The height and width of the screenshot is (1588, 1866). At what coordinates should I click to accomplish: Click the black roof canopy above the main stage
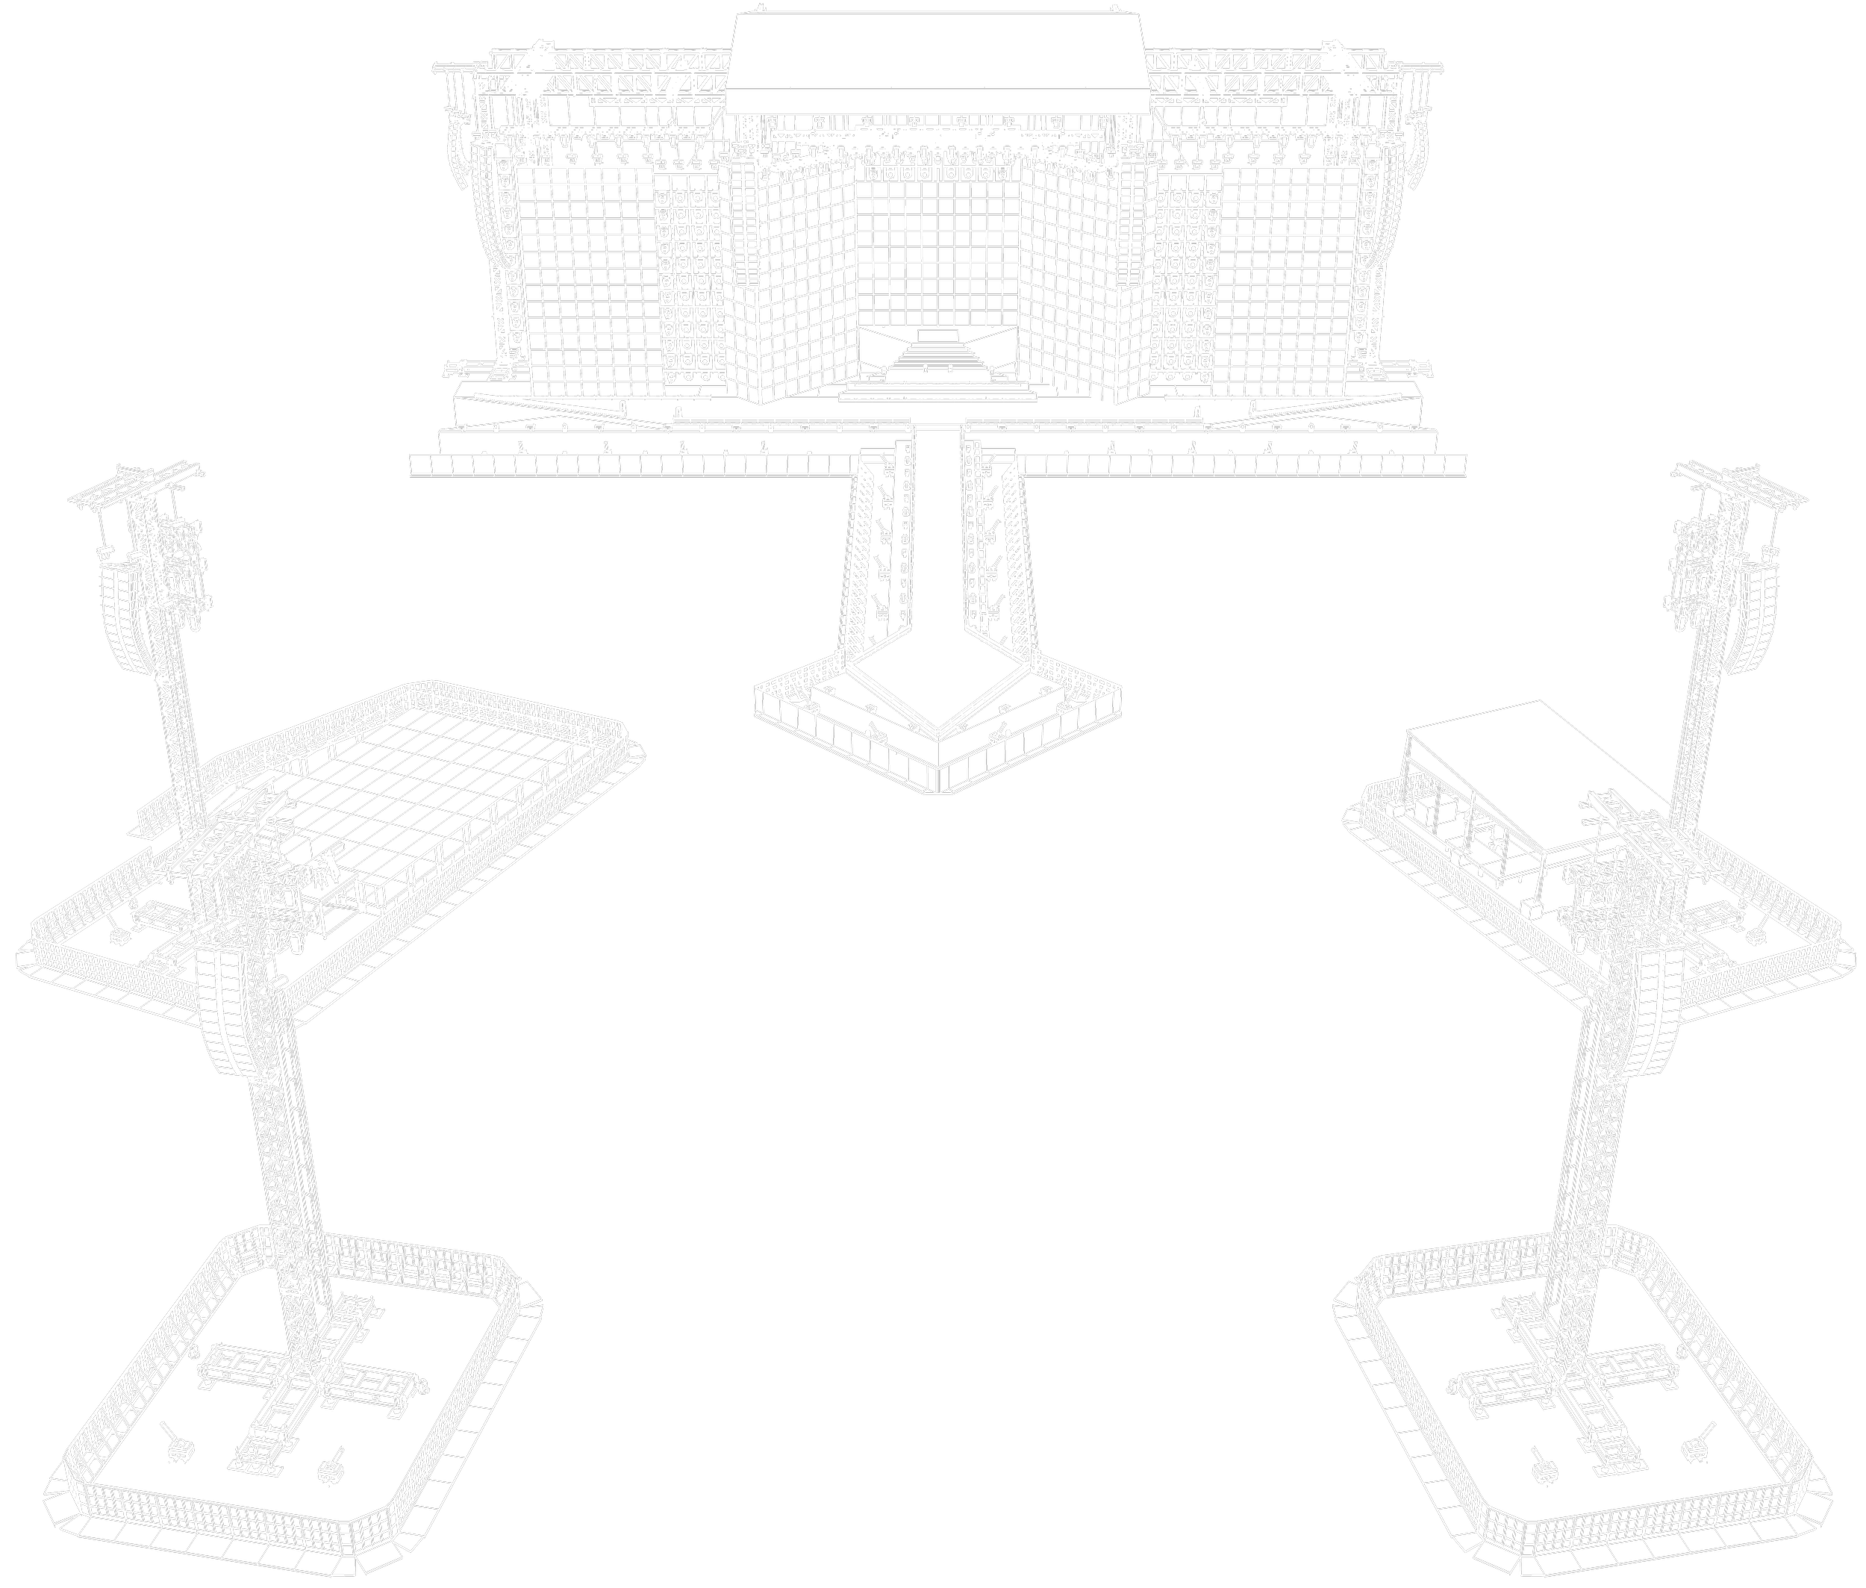click(936, 54)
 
